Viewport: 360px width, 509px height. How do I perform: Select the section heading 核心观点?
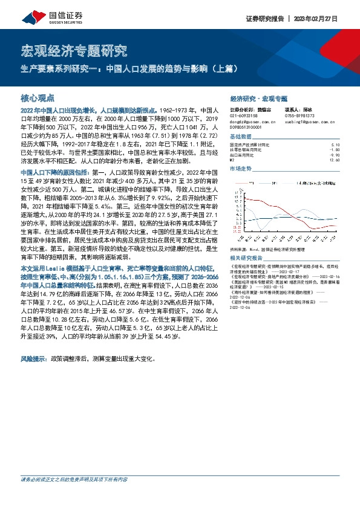(38, 97)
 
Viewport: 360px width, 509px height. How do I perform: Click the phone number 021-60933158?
(244, 116)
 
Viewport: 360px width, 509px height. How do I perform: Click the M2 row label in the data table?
(233, 160)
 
